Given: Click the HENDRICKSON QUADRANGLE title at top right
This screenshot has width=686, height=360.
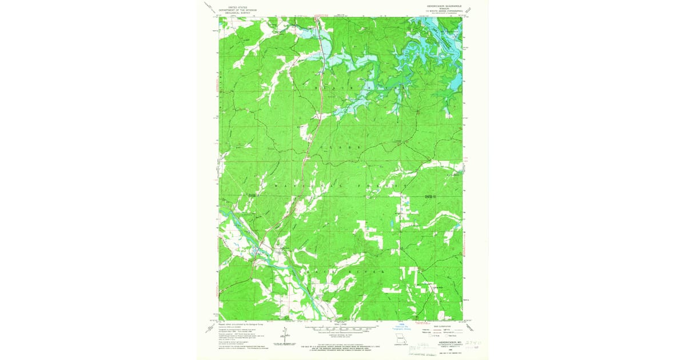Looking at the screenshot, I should (x=437, y=3).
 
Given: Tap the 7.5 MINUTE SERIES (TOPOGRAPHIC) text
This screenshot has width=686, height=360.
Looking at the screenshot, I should (x=437, y=10).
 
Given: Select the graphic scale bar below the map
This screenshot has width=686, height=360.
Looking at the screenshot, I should (x=341, y=330).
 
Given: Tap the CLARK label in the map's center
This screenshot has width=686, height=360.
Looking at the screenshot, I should (x=341, y=147).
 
